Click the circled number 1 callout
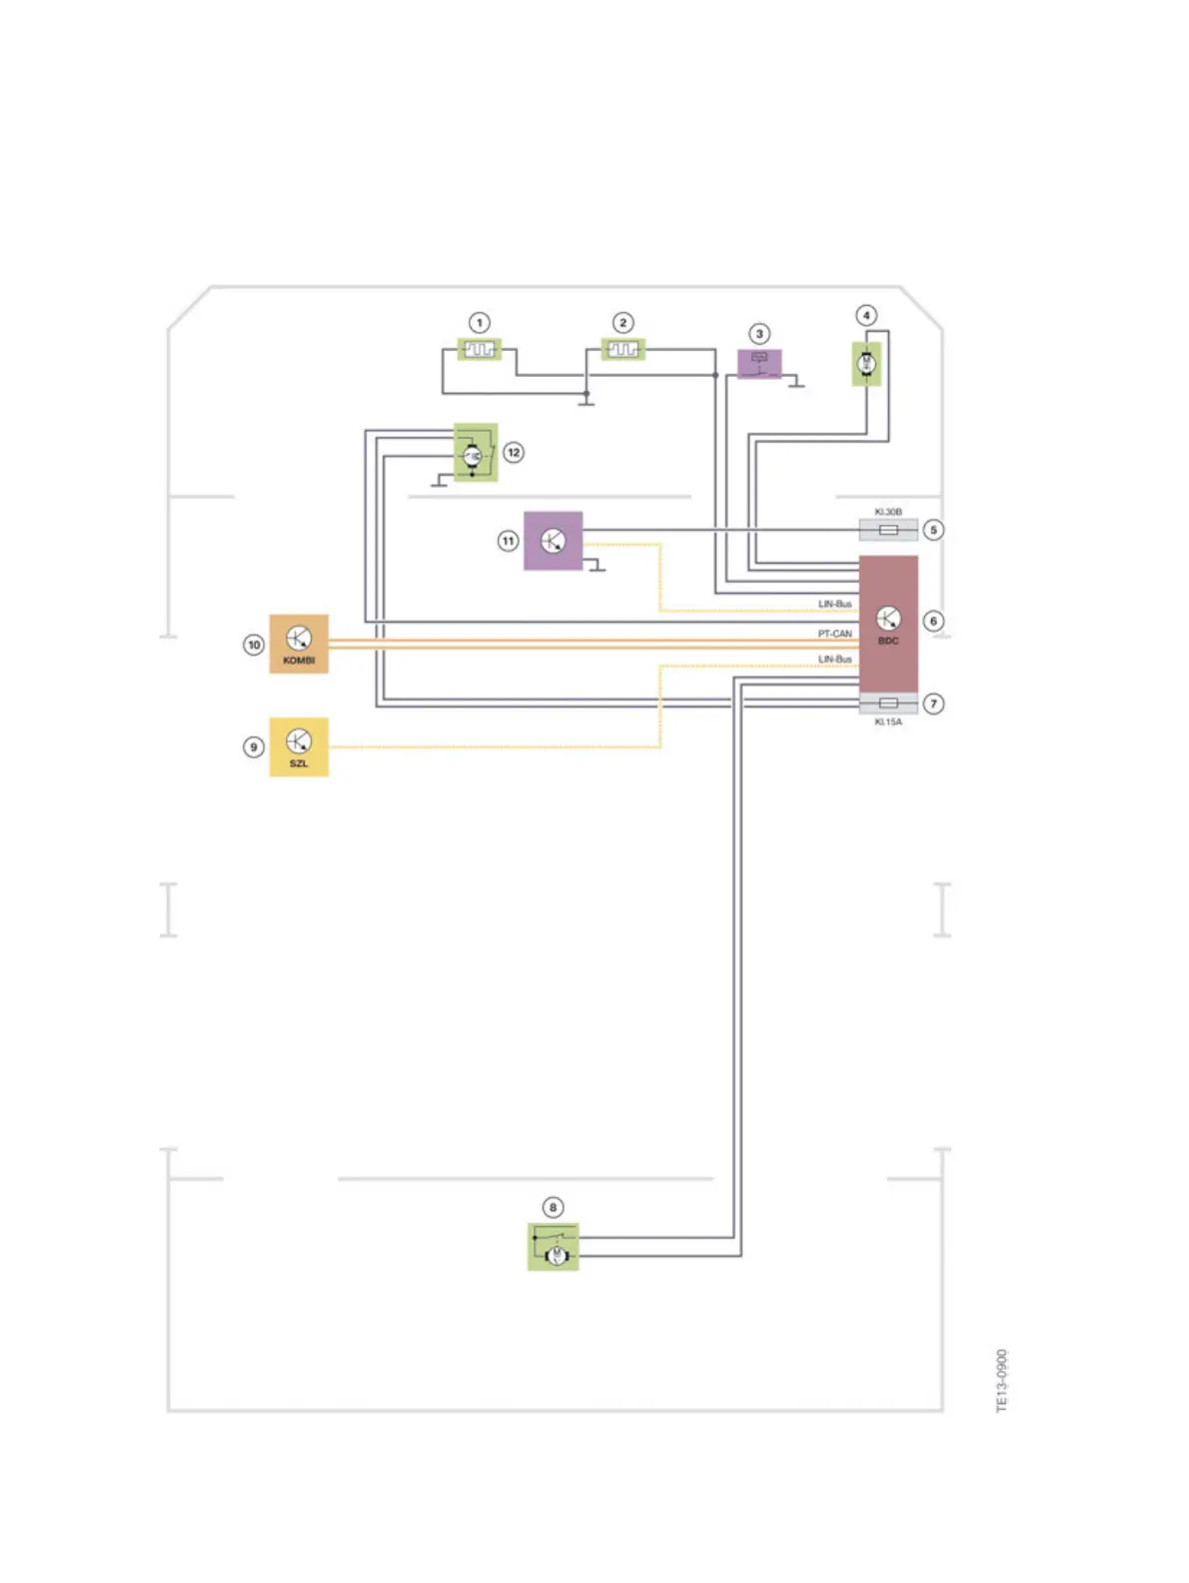click(x=480, y=323)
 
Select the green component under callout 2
click(x=622, y=350)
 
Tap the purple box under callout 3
click(x=759, y=363)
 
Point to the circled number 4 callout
click(x=866, y=315)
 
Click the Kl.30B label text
click(x=887, y=512)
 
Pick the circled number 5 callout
click(x=933, y=530)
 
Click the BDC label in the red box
click(x=888, y=641)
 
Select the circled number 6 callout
click(x=933, y=621)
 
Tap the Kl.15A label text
click(x=887, y=722)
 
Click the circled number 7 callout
click(x=933, y=704)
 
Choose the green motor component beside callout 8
click(x=553, y=1246)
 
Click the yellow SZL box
click(x=299, y=747)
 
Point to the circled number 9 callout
click(x=254, y=747)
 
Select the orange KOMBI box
click(x=299, y=644)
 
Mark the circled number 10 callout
click(x=254, y=645)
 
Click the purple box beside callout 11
click(x=553, y=541)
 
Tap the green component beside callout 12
click(x=476, y=452)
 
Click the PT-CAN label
click(x=835, y=634)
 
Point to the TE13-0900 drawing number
click(x=1002, y=1380)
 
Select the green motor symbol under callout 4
click(x=866, y=364)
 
